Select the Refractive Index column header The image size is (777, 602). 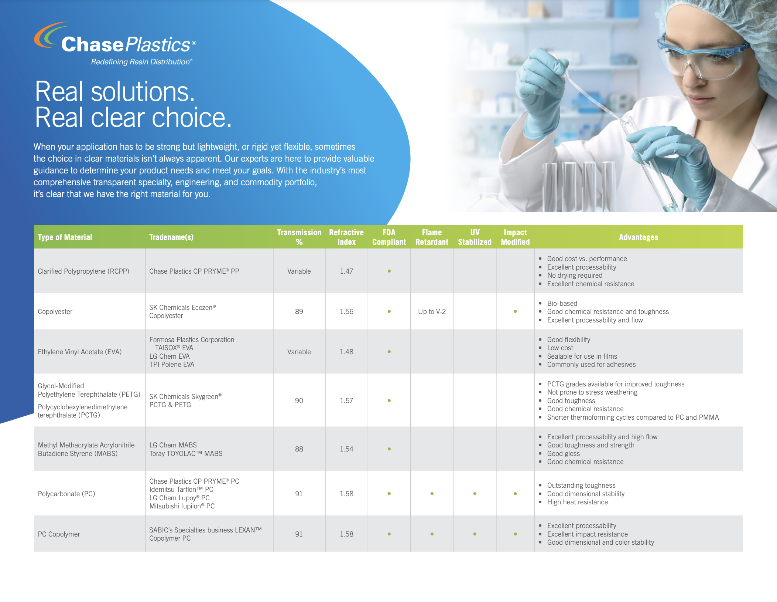pos(346,237)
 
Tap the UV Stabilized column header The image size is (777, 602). pos(475,237)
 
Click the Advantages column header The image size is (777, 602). pos(639,237)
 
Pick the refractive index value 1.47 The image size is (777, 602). pos(346,271)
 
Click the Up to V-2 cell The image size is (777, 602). pos(432,311)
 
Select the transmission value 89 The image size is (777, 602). pos(299,311)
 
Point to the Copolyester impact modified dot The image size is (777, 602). pos(515,311)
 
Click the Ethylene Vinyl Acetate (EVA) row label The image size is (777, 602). pos(80,352)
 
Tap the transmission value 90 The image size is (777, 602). pos(299,400)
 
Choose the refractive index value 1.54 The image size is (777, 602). pos(346,449)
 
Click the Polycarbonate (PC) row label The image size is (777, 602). pos(66,494)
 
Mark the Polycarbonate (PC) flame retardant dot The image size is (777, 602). pos(432,494)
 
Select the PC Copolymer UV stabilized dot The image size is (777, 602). pos(475,534)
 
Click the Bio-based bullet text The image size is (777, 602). pos(562,303)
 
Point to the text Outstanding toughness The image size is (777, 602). pos(581,485)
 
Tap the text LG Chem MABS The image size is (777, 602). pos(173,445)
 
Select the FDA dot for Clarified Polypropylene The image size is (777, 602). pos(389,271)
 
